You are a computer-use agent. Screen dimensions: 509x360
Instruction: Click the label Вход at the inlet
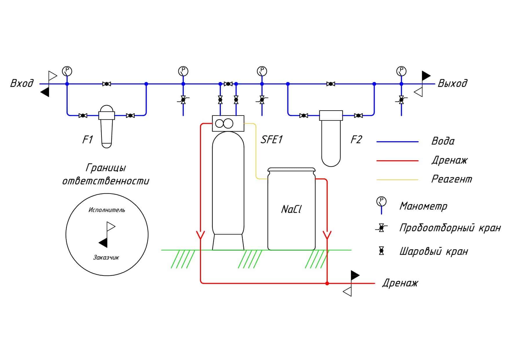tap(22, 83)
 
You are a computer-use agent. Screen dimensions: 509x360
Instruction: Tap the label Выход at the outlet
tap(452, 83)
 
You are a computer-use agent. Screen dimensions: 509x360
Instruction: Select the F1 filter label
tap(87, 140)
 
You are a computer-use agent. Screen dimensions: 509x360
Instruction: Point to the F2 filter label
tap(356, 140)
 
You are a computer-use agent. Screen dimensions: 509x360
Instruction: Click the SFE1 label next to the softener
tap(272, 140)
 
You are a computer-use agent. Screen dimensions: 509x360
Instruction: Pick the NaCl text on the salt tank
tap(291, 209)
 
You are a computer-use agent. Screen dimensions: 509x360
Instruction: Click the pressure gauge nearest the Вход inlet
tap(67, 71)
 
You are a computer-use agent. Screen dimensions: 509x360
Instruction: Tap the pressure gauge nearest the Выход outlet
tap(401, 71)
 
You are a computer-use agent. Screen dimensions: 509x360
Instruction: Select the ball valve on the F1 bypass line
tap(107, 84)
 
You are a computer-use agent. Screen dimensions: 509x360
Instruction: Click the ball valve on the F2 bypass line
tap(331, 84)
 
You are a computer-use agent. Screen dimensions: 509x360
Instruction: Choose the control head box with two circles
tap(228, 123)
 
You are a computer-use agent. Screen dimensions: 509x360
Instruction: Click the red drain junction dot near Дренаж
tap(327, 283)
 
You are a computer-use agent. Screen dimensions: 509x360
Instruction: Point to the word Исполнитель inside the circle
tap(107, 210)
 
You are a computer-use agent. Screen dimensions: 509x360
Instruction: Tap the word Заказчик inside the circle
tap(106, 258)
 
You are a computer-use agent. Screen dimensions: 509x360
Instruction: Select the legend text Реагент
tap(452, 179)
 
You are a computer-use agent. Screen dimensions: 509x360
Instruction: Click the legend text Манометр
tap(423, 206)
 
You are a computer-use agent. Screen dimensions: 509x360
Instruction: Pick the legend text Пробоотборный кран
tap(450, 228)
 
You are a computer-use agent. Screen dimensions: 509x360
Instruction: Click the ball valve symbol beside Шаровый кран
tap(381, 251)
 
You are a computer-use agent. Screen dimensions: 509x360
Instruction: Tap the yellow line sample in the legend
tap(397, 180)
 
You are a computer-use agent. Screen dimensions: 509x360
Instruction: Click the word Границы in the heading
tap(106, 168)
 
